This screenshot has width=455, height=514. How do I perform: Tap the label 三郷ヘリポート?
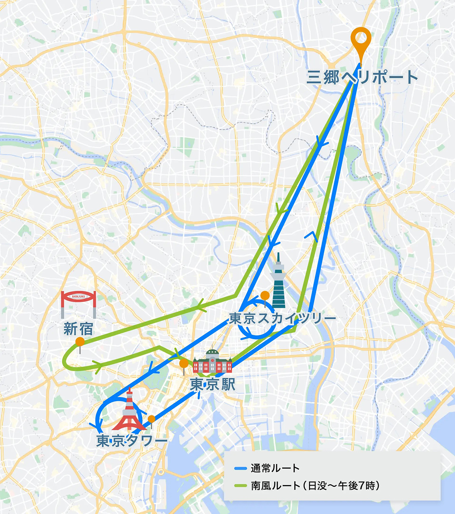point(362,77)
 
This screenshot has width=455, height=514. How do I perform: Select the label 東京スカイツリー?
point(282,319)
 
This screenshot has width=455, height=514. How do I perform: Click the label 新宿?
point(78,329)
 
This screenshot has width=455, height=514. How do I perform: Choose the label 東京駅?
point(212,385)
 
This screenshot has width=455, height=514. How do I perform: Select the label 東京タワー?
point(132,441)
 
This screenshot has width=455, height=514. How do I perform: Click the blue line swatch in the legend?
point(240,468)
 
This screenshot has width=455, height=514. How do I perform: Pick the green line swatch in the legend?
point(240,486)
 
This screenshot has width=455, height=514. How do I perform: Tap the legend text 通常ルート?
point(275,468)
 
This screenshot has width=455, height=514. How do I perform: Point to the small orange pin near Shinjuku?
point(80,342)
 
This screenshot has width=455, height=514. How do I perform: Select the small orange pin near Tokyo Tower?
point(152,419)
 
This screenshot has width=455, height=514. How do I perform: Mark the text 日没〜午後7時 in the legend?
point(342,486)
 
